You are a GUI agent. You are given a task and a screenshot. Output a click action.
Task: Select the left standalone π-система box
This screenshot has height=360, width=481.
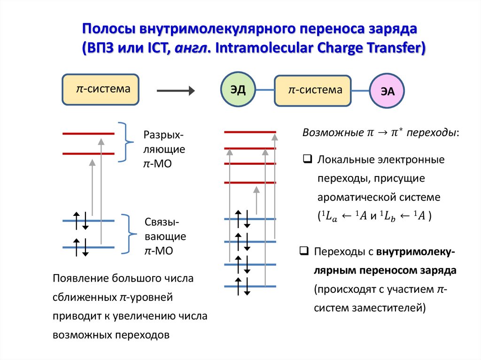(x=101, y=89)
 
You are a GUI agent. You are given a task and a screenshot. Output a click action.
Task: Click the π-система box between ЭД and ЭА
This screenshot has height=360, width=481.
(x=313, y=90)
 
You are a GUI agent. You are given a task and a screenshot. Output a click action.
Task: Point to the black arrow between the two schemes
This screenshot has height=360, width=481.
(x=175, y=91)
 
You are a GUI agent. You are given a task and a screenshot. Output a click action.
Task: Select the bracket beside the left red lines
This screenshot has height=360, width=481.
(x=125, y=143)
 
